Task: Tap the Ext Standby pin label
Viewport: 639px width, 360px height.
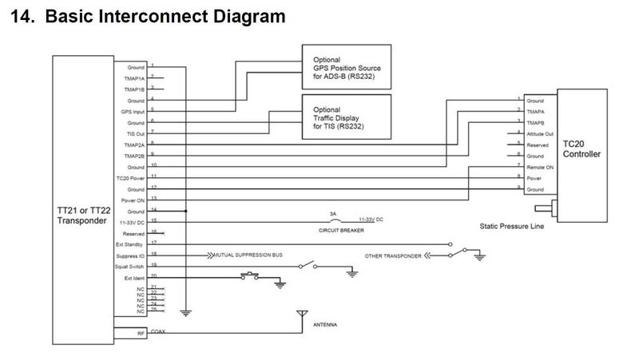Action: click(130, 243)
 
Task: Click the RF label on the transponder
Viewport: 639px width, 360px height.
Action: click(141, 333)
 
